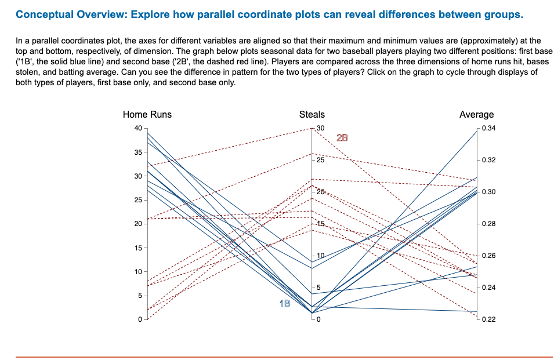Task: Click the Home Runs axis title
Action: coord(147,114)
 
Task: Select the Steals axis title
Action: coord(312,114)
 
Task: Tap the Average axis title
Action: coord(476,114)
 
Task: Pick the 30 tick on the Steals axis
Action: coord(321,128)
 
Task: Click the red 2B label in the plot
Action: coord(343,138)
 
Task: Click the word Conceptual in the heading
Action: coord(44,14)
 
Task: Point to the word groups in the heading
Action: coord(503,14)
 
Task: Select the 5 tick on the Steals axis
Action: coord(318,288)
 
